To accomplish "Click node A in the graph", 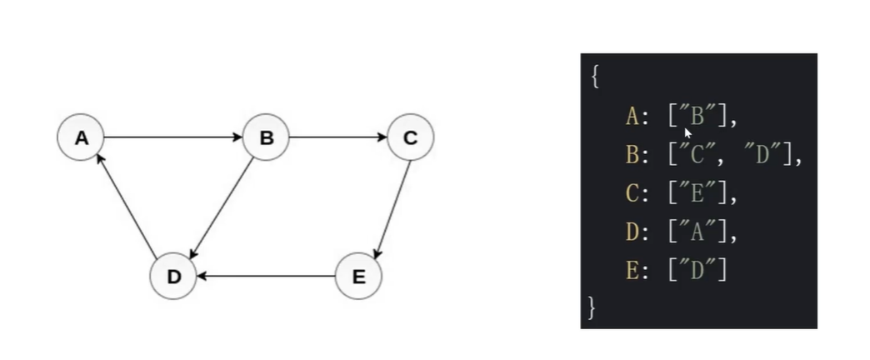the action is tap(81, 137).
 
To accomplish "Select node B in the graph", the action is tap(266, 137).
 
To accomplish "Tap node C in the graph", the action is tap(410, 137).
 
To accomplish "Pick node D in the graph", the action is tap(173, 276).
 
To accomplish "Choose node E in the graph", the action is tap(358, 276).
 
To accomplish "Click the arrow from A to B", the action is tap(173, 137).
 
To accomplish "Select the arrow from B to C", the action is tap(338, 137).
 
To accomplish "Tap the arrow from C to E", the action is tap(392, 208).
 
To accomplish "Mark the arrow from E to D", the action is tap(266, 276).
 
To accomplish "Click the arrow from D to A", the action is tap(127, 205).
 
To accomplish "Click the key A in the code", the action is tap(631, 116).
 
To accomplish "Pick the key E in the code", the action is tap(631, 270).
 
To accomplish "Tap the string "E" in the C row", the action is tap(697, 193).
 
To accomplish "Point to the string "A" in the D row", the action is tap(697, 232).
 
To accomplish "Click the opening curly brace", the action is tap(594, 77).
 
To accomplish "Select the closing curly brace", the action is tap(592, 307).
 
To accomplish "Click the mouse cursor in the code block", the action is tap(688, 132).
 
